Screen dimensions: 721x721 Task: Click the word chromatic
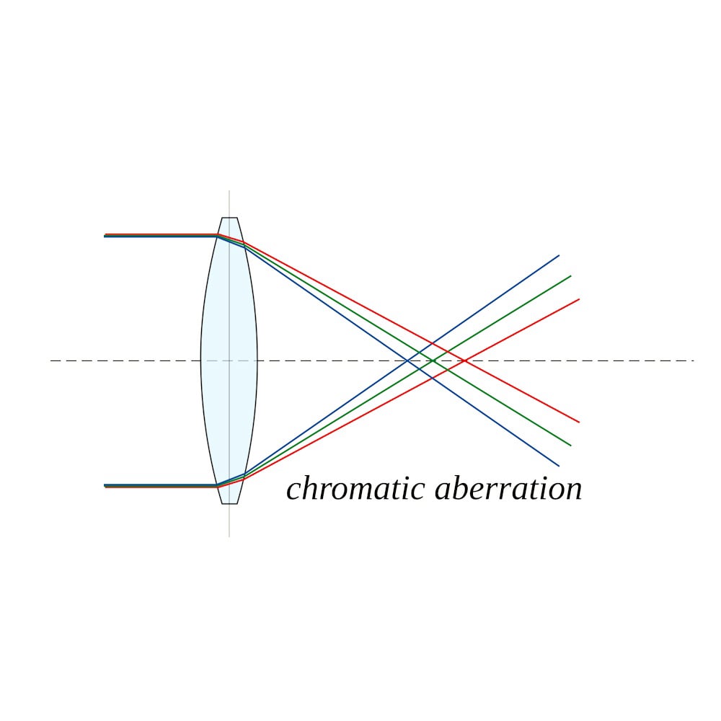click(x=355, y=488)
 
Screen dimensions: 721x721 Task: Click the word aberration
click(x=508, y=488)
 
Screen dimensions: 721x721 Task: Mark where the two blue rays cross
click(x=407, y=360)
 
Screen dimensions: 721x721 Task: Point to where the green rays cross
click(x=432, y=360)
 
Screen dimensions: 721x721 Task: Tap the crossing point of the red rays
click(x=465, y=360)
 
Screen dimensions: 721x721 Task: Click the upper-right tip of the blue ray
click(x=559, y=255)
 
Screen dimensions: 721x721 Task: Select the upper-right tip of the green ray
click(x=571, y=276)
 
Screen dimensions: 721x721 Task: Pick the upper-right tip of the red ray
click(x=580, y=299)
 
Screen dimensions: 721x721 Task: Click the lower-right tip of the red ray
click(x=580, y=422)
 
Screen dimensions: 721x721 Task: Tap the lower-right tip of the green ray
click(x=571, y=446)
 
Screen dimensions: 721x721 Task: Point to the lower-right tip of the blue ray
click(x=559, y=466)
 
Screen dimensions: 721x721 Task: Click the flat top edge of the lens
click(x=229, y=218)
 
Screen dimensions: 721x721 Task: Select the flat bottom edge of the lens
click(x=229, y=503)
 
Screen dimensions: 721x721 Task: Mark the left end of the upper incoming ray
click(x=105, y=236)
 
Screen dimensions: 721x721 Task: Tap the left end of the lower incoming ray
click(x=105, y=485)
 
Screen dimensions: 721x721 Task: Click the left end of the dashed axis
click(x=50, y=360)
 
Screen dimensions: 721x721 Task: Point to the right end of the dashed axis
click(x=694, y=360)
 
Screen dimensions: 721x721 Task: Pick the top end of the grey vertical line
click(x=229, y=190)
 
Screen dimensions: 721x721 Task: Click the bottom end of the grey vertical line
click(x=229, y=536)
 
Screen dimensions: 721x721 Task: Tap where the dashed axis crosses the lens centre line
click(x=229, y=360)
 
